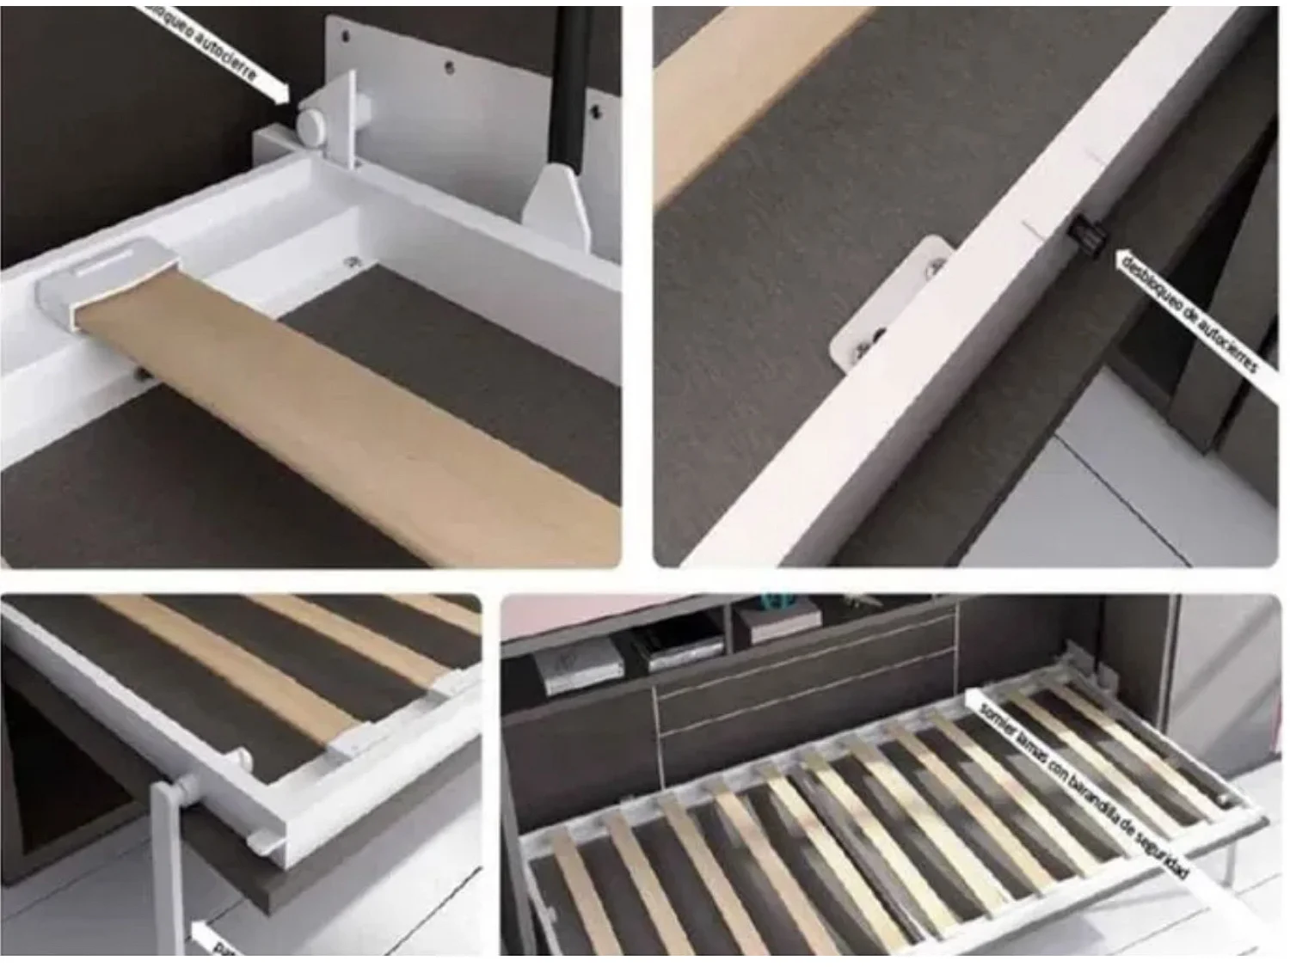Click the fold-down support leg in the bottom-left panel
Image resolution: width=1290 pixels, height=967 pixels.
171,868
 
